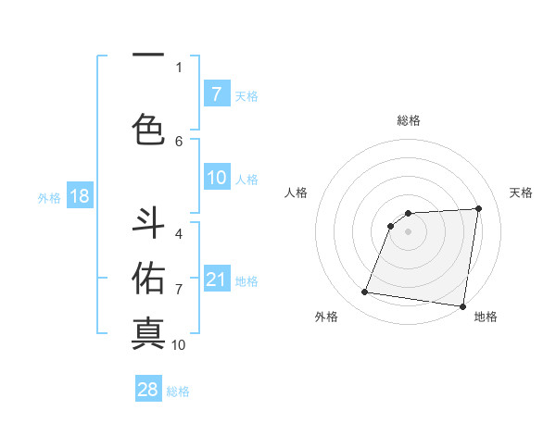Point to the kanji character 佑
(x=148, y=277)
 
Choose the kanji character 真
(x=148, y=331)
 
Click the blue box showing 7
(x=216, y=94)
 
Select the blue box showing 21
(x=216, y=280)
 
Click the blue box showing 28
(x=148, y=390)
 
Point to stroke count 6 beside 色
(x=179, y=141)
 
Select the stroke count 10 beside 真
(x=179, y=345)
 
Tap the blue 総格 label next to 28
(x=178, y=391)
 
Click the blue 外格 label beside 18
(x=48, y=197)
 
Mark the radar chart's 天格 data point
(x=478, y=208)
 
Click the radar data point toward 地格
(x=462, y=306)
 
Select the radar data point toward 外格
(x=365, y=292)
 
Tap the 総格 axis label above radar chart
(x=408, y=120)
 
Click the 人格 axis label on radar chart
(x=297, y=193)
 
